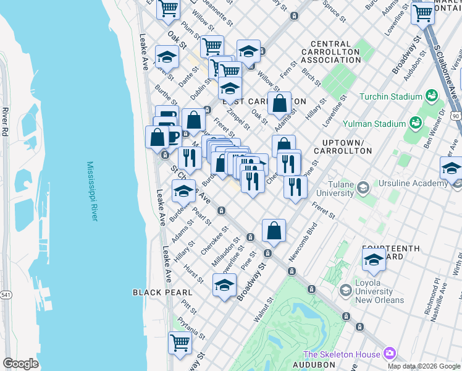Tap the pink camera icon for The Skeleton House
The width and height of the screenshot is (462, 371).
pyautogui.click(x=389, y=354)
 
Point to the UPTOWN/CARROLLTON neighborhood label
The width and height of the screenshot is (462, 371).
pyautogui.click(x=343, y=147)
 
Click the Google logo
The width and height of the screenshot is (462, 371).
pyautogui.click(x=20, y=364)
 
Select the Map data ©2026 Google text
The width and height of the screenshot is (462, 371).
pyautogui.click(x=424, y=366)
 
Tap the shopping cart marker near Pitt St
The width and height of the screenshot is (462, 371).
pyautogui.click(x=180, y=342)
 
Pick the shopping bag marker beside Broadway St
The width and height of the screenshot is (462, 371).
pyautogui.click(x=273, y=230)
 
